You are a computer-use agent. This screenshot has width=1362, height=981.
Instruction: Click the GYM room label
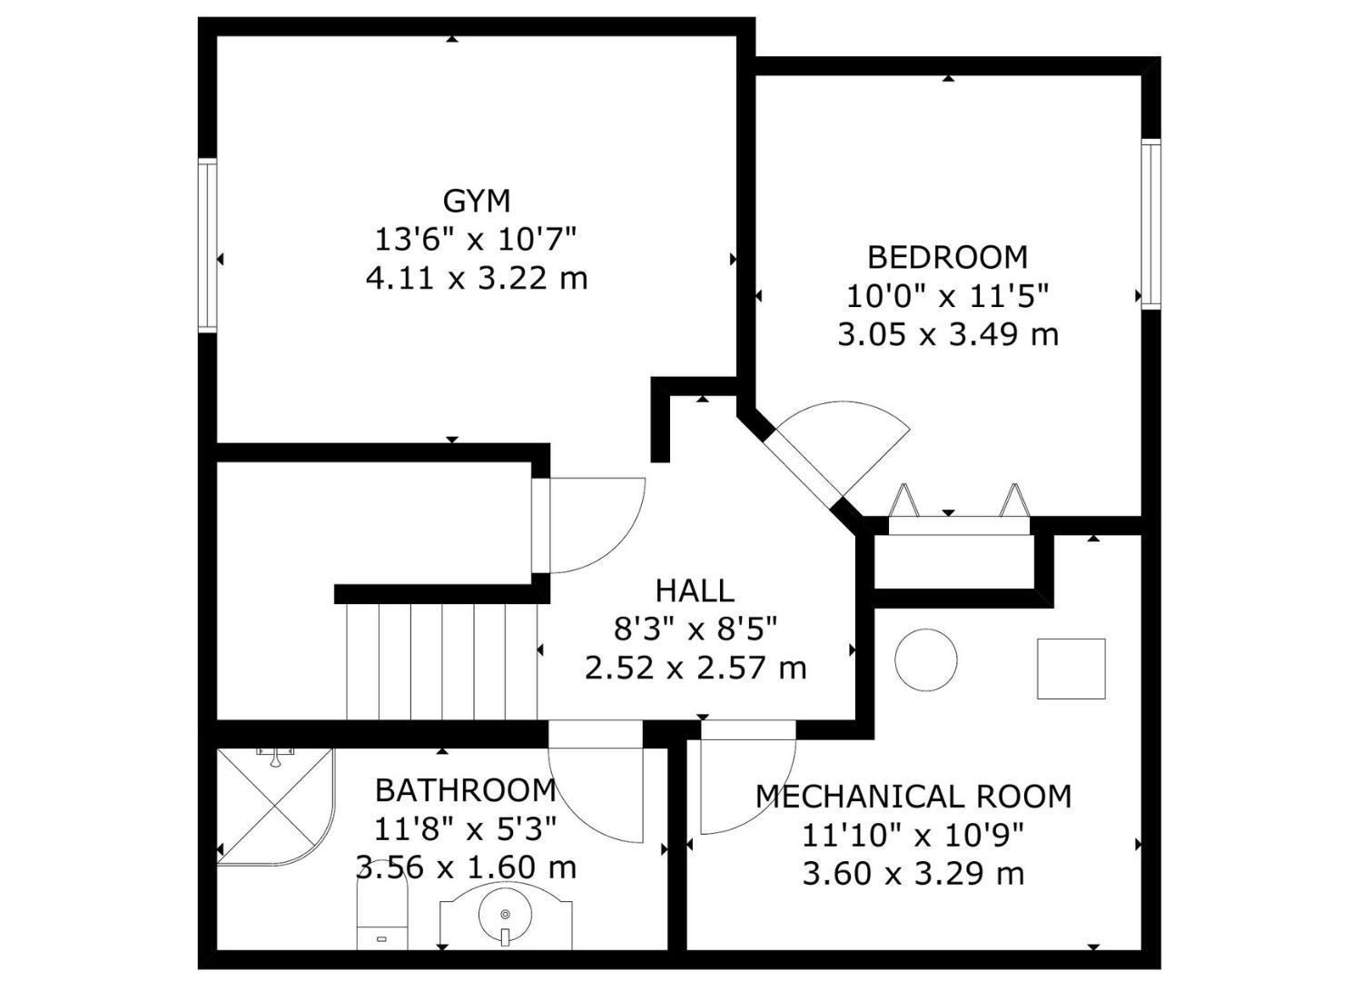(x=476, y=202)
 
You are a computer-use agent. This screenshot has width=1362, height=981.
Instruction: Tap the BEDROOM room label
(x=947, y=257)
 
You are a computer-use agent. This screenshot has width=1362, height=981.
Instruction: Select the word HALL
(x=695, y=590)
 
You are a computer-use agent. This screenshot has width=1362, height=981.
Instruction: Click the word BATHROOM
(x=466, y=790)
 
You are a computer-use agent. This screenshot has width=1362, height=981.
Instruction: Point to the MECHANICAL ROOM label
(x=913, y=797)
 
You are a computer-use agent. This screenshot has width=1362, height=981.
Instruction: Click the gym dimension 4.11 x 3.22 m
(x=477, y=279)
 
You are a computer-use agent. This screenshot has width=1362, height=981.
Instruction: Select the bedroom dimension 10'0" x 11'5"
(x=948, y=296)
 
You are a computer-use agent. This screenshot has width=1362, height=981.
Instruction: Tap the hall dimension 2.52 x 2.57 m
(x=696, y=669)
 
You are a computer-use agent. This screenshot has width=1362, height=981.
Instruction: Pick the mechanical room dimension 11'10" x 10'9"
(x=913, y=836)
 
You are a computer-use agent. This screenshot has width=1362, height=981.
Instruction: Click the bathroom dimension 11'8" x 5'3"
(x=466, y=829)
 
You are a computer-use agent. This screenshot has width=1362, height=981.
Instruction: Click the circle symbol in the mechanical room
(x=926, y=659)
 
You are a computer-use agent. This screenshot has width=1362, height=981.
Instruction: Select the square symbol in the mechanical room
(x=1071, y=669)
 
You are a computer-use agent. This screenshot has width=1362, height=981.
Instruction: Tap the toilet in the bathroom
(x=381, y=917)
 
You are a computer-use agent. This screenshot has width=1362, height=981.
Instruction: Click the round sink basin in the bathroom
(x=505, y=915)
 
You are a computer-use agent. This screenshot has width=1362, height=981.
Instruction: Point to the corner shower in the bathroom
(x=275, y=807)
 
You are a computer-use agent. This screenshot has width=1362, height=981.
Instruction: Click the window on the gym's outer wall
(x=207, y=245)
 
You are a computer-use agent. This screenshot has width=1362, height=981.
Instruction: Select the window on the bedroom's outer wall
(x=1150, y=223)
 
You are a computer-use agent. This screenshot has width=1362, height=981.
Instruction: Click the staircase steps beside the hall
(x=442, y=661)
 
